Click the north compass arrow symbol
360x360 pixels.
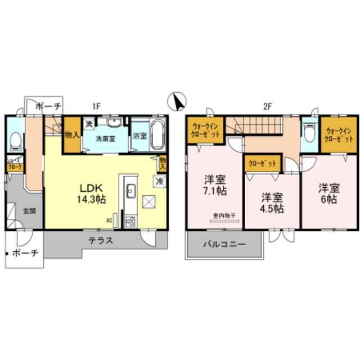pos(177,101)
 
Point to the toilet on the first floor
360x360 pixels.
pos(16,138)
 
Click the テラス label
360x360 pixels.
pos(101,240)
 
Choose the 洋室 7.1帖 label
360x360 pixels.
pos(215,185)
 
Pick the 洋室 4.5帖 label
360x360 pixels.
pos(271,202)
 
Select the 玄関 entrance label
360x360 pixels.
pos(29,211)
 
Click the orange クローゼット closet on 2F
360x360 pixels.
pos(262,163)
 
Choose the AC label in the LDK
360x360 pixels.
pos(109,220)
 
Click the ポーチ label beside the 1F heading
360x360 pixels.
pos(49,106)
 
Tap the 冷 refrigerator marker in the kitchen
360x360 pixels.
pos(160,181)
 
